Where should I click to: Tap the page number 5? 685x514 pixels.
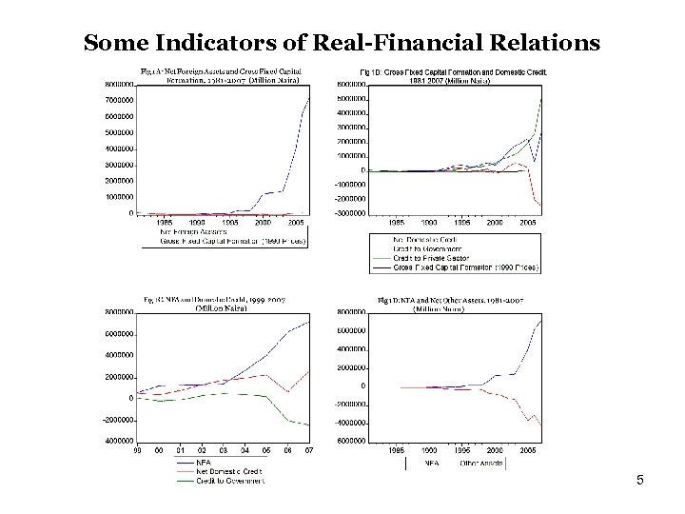pos(640,481)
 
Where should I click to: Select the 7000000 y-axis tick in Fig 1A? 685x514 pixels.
pos(119,99)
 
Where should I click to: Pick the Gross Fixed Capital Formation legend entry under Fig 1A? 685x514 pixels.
pos(224,242)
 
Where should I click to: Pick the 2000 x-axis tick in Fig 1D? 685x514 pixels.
pos(495,447)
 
